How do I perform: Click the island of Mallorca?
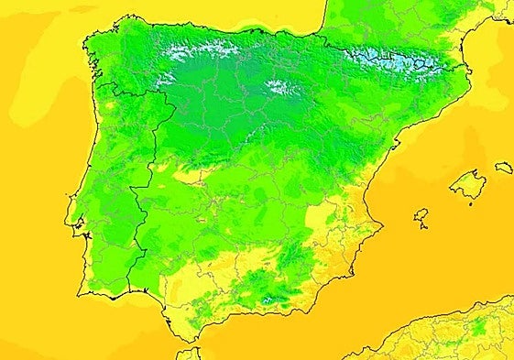coord(468,184)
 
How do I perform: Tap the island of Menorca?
coord(504,168)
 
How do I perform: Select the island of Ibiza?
coord(421,217)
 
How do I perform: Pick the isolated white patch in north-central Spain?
coord(279,88)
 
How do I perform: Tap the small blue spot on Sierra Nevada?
coord(267,299)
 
